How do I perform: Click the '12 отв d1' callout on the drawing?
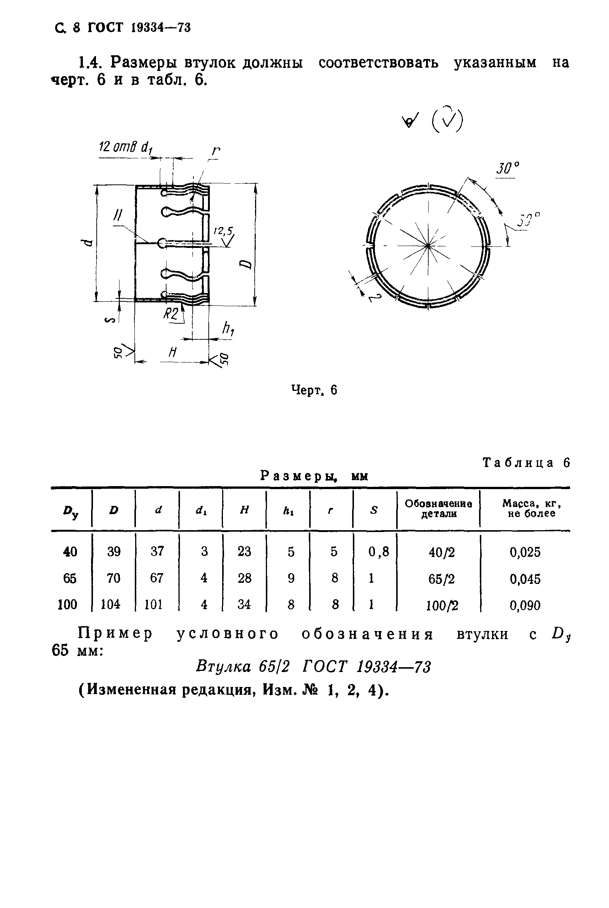(x=125, y=147)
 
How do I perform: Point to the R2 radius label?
(x=171, y=313)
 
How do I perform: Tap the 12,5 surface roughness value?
(x=223, y=231)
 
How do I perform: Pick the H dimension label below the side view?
(x=173, y=353)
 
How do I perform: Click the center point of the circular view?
(x=428, y=245)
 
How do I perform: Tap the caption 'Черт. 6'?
(x=314, y=390)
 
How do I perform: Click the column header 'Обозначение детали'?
(x=438, y=509)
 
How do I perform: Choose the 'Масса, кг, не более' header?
(x=531, y=509)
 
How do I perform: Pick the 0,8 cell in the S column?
(x=379, y=551)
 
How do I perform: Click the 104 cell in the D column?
(x=111, y=604)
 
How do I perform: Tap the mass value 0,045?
(x=525, y=579)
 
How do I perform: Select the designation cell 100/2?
(x=442, y=606)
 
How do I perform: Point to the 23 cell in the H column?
(x=244, y=551)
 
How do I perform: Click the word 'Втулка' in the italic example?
(x=223, y=667)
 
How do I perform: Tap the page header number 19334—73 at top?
(x=161, y=28)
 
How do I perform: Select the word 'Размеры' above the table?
(x=298, y=475)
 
